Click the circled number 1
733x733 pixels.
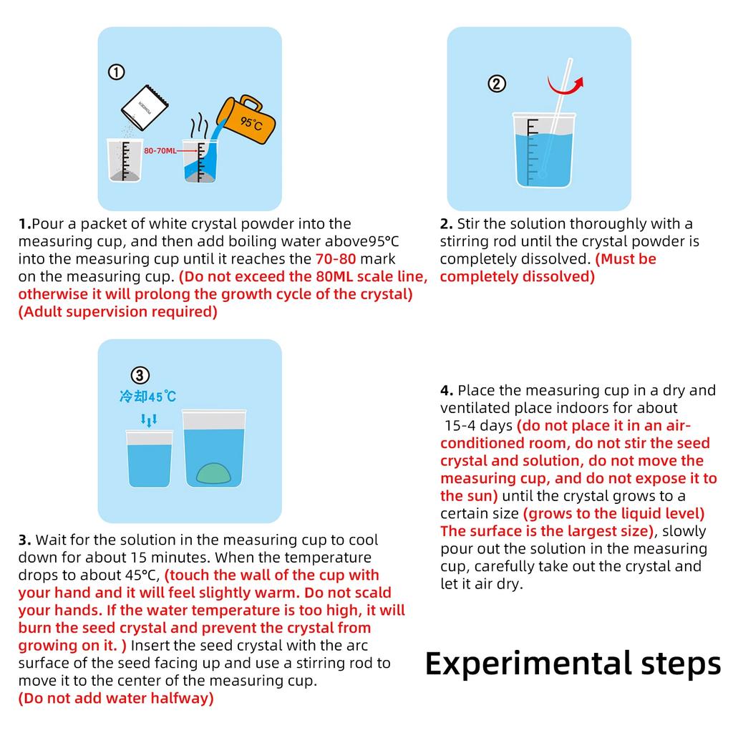117,72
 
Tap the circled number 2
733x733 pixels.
497,84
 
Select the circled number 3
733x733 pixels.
140,375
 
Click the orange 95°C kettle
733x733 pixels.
247,120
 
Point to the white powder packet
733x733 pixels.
145,107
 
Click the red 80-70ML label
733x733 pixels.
160,150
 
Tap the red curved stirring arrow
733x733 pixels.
565,87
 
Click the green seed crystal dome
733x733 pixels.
213,473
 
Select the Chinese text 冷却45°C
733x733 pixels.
147,397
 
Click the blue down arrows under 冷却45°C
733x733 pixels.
149,420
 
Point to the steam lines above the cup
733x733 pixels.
199,125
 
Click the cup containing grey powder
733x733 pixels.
125,160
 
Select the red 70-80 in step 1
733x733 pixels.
336,258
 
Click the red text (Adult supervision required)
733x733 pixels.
118,311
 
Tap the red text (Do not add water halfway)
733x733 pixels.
116,698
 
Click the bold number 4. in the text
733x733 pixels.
447,390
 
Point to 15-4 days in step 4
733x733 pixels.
479,425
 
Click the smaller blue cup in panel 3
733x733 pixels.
149,459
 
